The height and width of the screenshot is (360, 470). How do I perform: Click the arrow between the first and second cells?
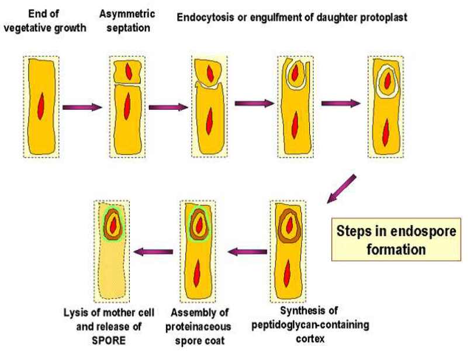coord(82,107)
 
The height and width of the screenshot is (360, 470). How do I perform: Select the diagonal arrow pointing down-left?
coord(340,191)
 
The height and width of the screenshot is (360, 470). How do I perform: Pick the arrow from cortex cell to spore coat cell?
coord(246,252)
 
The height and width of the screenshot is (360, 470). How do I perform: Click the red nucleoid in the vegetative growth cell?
coord(40,106)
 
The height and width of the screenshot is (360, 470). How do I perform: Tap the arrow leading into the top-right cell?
coord(341,103)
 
